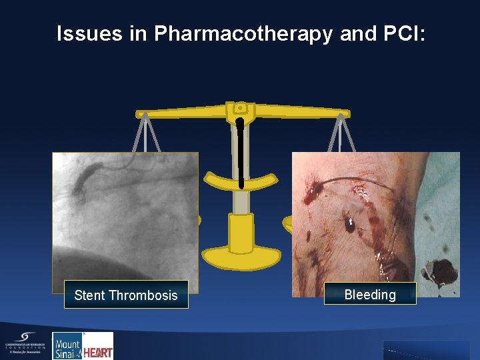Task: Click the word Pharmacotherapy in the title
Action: point(243,34)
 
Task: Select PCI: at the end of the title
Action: point(403,34)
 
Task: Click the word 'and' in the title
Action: point(357,34)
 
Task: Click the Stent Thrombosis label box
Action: point(126,295)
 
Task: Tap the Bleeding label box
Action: point(370,294)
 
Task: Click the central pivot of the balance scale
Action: point(239,108)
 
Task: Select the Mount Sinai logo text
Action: point(67,347)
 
